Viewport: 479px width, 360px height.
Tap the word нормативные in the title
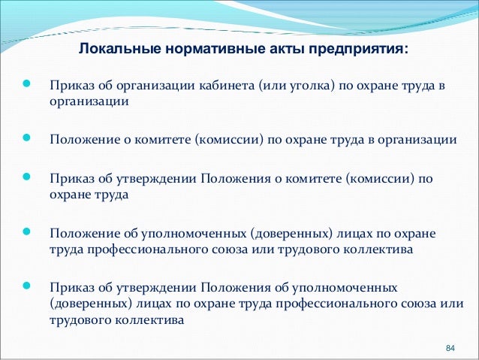pos(188,50)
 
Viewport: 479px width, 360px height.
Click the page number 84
pos(450,348)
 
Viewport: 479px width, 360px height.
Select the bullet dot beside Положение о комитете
pos(27,139)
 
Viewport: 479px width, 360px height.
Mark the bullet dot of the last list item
pos(27,287)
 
